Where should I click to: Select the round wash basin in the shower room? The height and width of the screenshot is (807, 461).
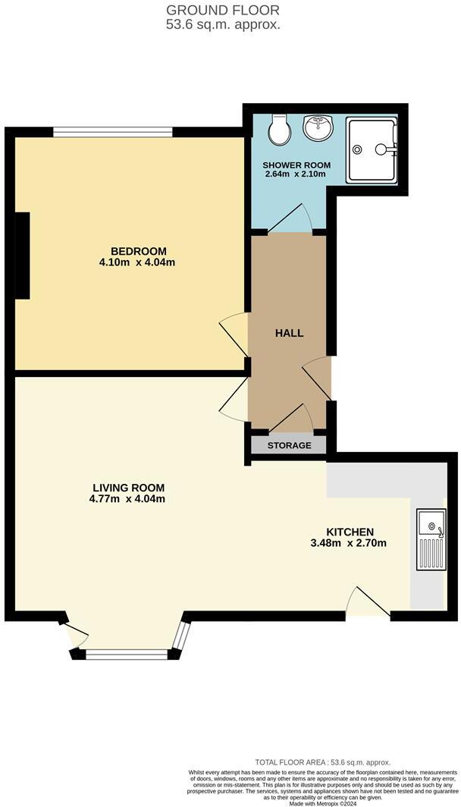pos(318,128)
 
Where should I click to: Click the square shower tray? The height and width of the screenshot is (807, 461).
pos(371,149)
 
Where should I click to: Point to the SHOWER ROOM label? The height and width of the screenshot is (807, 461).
pos(295,165)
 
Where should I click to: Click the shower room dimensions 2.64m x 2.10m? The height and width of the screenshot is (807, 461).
pos(295,174)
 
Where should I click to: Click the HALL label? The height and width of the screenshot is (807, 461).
pos(288,333)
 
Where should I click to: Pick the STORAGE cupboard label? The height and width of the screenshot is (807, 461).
pos(288,445)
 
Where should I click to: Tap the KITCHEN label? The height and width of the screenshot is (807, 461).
pos(350,532)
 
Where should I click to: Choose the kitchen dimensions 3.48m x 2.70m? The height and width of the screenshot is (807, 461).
pos(350,543)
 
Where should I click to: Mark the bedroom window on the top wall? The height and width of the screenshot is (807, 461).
pos(113,133)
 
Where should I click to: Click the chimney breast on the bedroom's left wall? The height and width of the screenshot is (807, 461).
pos(22,256)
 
